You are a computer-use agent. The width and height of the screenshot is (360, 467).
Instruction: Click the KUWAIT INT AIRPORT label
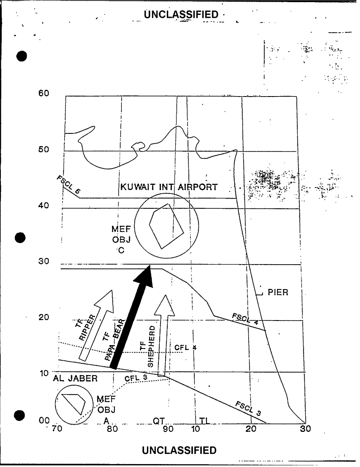coord(169,187)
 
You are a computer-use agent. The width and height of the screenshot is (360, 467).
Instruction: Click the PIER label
coord(278,293)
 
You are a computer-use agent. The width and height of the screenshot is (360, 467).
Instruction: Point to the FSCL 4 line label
coord(246,319)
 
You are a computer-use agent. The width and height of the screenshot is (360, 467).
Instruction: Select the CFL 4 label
coord(186,348)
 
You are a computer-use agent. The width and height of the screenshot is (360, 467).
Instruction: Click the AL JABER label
coord(75,379)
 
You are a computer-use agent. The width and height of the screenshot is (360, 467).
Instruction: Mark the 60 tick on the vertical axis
coord(44,93)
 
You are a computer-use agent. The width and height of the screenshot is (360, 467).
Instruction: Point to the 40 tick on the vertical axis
coord(44,206)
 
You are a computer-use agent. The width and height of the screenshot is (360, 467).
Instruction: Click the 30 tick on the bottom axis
coord(305,428)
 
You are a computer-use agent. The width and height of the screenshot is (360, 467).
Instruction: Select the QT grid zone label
coord(159,421)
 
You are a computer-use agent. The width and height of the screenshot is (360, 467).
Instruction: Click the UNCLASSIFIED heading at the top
coord(181,15)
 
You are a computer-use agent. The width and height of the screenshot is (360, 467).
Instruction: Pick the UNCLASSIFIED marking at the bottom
coord(179,450)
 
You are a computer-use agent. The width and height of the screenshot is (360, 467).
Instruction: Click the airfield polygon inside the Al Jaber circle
coord(73,402)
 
